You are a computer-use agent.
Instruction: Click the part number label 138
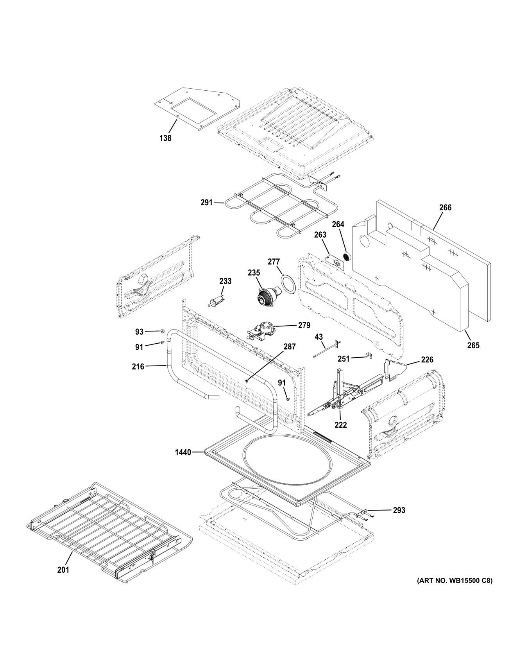tap(165, 138)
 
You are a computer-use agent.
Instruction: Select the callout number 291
tap(206, 202)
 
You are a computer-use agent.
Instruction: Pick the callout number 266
tap(445, 208)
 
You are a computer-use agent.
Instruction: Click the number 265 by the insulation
tap(473, 345)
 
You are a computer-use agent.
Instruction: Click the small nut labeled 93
tap(161, 332)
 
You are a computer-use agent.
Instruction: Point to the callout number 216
tap(138, 366)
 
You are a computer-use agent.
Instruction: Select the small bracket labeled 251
tap(369, 355)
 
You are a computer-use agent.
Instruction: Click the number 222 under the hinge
tap(340, 425)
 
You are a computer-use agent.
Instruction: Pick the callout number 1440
tap(183, 452)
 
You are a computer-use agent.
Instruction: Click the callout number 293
tap(399, 510)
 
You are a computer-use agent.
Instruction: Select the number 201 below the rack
tap(63, 570)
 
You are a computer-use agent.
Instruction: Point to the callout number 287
tap(290, 346)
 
